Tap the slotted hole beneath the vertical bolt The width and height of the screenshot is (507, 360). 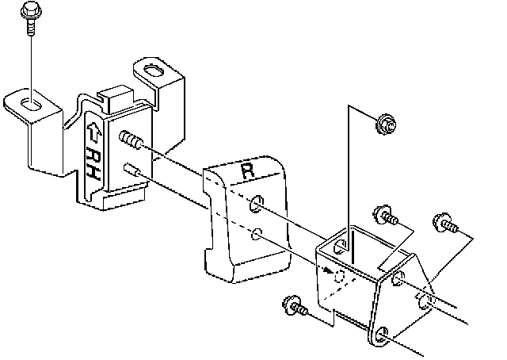coord(29,102)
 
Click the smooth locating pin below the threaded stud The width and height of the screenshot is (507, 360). coord(132,169)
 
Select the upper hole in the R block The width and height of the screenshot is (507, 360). coord(256,205)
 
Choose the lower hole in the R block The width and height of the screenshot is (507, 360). coord(256,235)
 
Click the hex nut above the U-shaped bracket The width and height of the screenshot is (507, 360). coord(386,123)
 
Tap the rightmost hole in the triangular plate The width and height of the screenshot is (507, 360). coord(425,301)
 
